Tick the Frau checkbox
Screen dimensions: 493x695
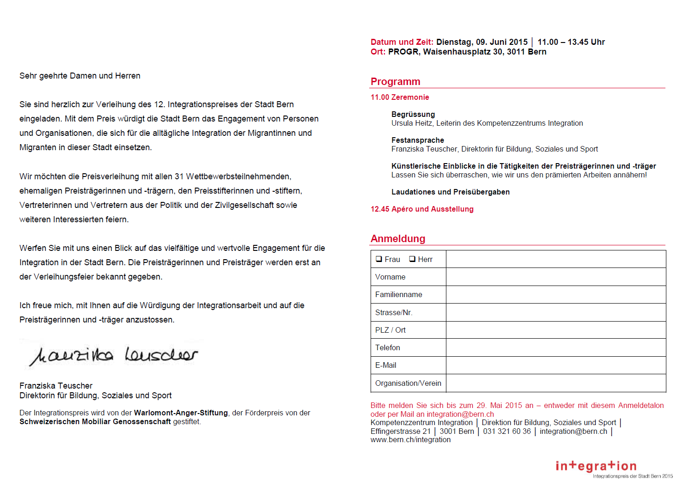tap(379, 259)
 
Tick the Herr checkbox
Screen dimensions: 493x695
tap(412, 259)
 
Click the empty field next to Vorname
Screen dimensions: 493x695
tap(555, 277)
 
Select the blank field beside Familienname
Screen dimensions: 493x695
tap(555, 294)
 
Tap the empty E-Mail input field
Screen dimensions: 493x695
tap(555, 365)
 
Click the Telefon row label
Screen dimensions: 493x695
tap(388, 347)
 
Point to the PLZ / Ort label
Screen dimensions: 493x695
tap(390, 330)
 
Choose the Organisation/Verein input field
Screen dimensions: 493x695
tap(555, 383)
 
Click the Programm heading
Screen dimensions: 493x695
tap(396, 82)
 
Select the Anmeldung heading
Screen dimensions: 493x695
tap(398, 239)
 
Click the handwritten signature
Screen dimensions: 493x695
tap(113, 355)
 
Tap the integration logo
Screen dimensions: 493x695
tap(596, 466)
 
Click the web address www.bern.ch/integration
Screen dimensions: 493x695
tap(410, 440)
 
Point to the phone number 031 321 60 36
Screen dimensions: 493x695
tap(507, 431)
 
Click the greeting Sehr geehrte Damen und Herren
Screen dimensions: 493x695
tap(80, 76)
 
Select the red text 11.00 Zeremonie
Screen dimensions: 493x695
tap(400, 97)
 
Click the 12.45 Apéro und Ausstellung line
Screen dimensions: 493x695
tap(422, 209)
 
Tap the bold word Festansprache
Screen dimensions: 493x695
tap(418, 140)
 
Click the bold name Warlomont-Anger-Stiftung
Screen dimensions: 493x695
tap(181, 413)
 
